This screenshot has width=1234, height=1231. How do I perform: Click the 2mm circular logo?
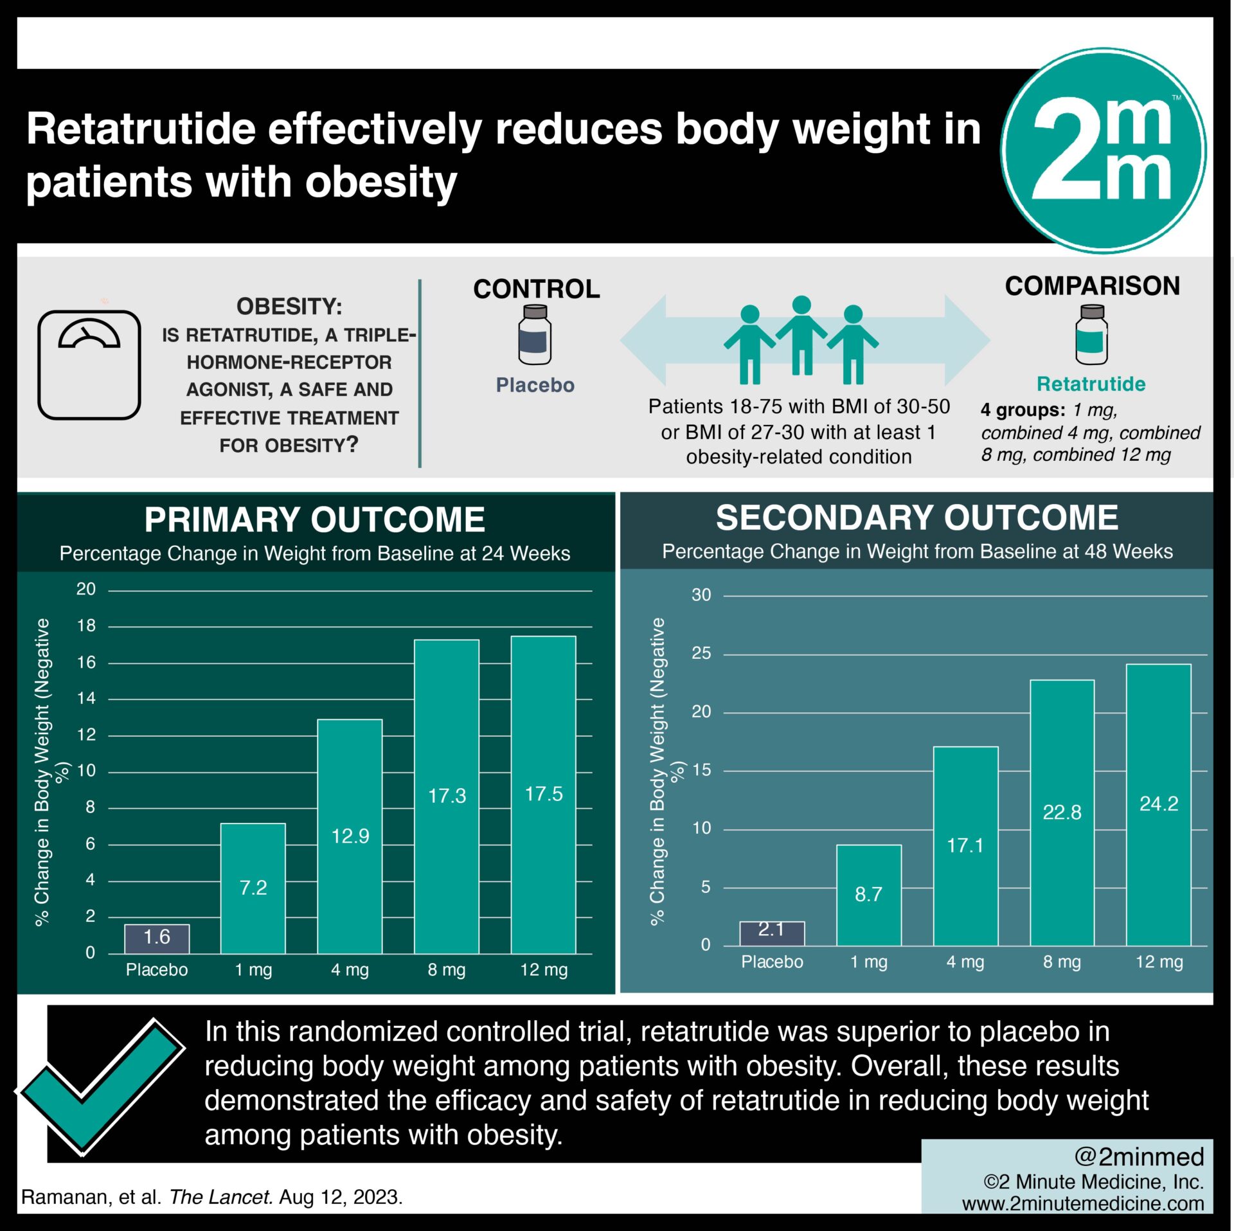click(1103, 150)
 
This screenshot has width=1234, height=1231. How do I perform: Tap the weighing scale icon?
click(89, 364)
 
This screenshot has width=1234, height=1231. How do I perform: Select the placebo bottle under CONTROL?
click(535, 335)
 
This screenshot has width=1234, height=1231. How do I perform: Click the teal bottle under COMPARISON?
click(1091, 335)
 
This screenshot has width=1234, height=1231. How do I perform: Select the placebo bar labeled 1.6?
click(157, 938)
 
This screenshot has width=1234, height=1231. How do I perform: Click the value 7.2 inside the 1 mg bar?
click(253, 888)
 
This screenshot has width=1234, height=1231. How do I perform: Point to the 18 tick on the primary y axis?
click(86, 625)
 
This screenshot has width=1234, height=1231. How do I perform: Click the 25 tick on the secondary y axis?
click(701, 653)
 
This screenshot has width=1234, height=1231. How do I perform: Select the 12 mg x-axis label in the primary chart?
click(544, 969)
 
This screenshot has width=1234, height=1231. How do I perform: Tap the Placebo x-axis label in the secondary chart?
click(772, 962)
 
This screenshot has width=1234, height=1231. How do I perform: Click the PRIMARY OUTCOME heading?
click(314, 519)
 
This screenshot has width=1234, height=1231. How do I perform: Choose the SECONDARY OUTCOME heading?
click(917, 517)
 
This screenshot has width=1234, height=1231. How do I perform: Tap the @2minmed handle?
click(1139, 1156)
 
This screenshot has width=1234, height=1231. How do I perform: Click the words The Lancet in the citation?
click(221, 1197)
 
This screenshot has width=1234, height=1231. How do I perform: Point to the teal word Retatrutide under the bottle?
click(1091, 384)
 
